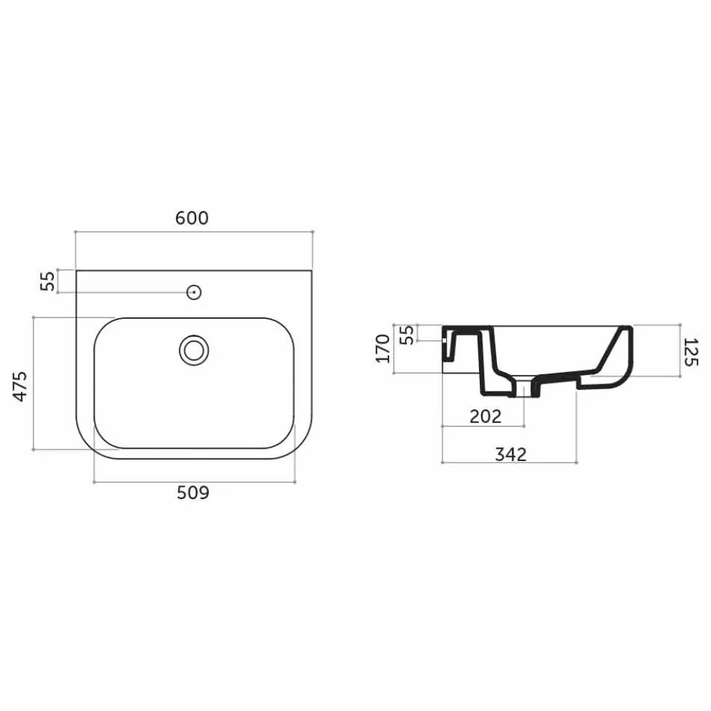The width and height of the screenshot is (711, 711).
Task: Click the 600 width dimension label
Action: click(192, 218)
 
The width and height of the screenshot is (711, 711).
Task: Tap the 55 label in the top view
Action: click(48, 282)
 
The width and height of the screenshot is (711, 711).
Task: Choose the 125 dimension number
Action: click(690, 351)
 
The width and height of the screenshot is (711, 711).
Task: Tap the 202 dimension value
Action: click(485, 416)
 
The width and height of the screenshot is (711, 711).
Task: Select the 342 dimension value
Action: click(511, 454)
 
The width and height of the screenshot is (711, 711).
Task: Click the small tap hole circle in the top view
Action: click(194, 292)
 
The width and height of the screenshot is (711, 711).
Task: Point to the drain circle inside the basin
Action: click(194, 350)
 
